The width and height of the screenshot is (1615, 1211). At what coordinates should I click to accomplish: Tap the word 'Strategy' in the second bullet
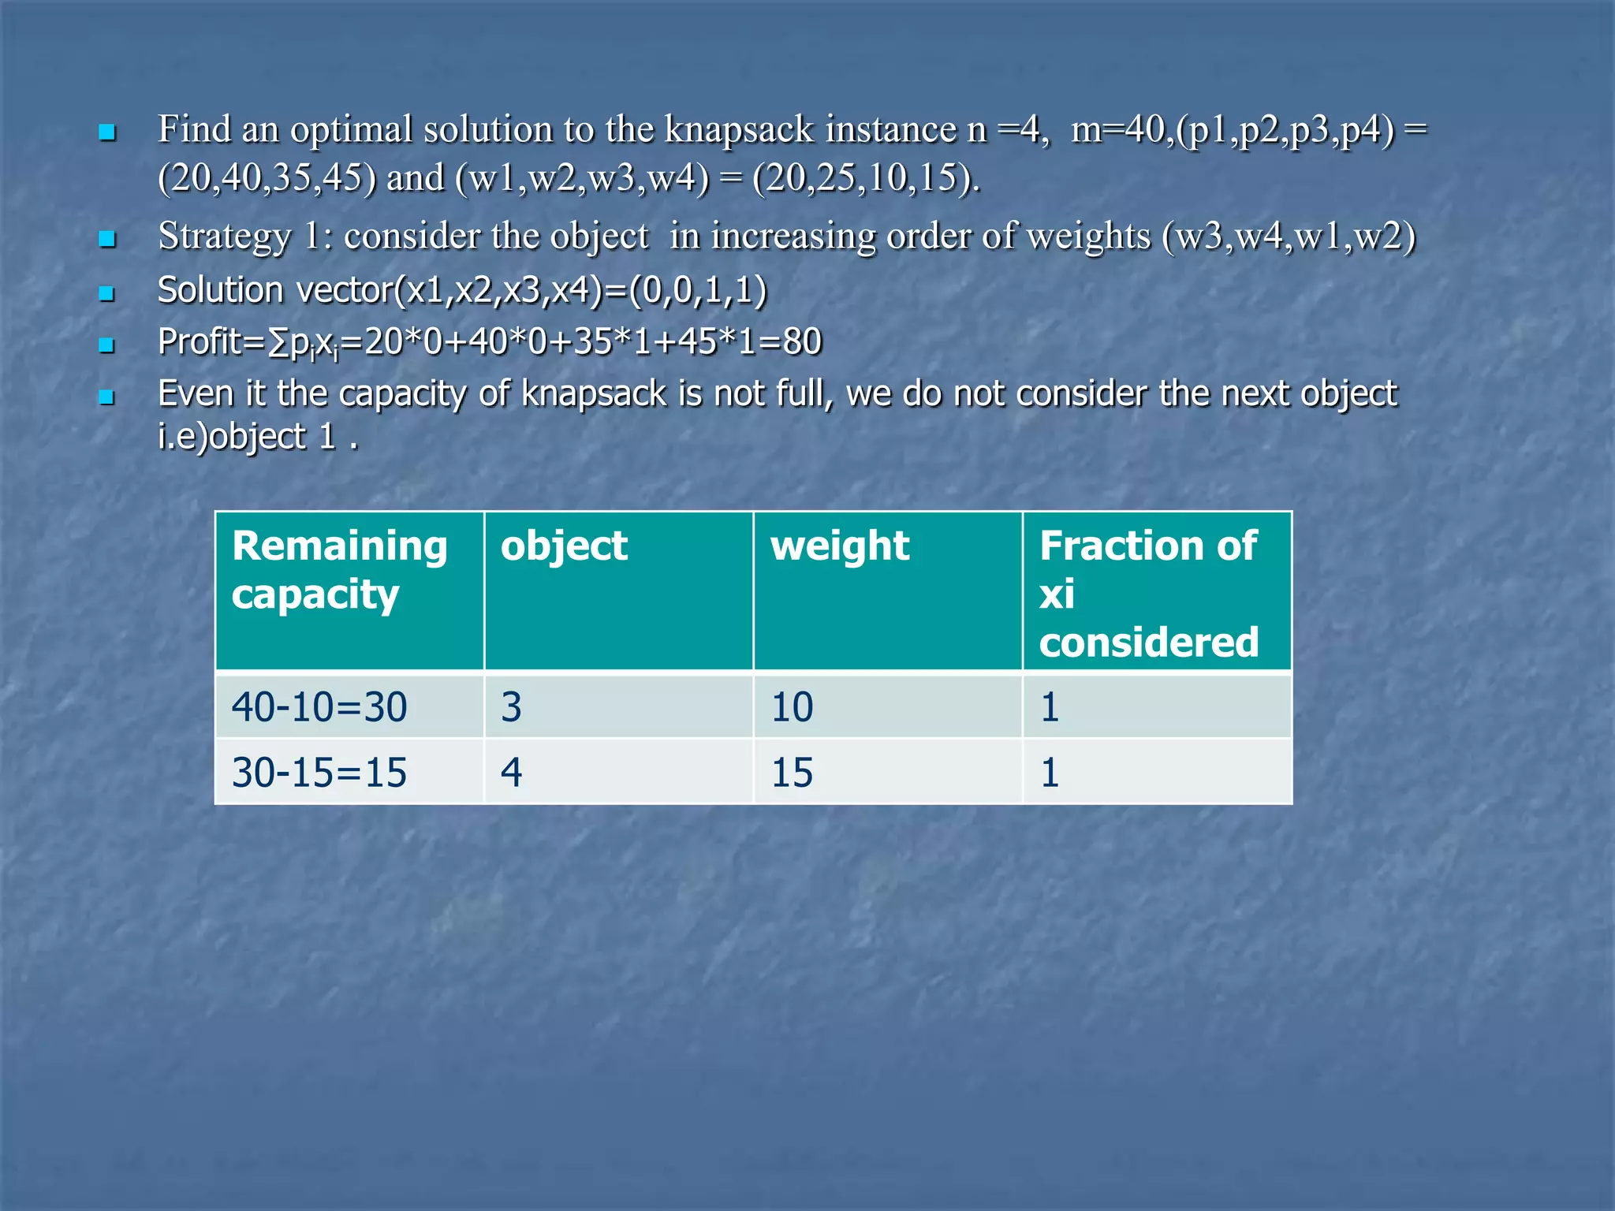[x=225, y=237]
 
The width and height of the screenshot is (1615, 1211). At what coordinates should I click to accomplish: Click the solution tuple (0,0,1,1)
[x=697, y=290]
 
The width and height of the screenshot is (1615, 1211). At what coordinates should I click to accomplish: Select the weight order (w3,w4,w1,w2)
[x=1289, y=237]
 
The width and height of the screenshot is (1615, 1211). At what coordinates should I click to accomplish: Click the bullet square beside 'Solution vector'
[x=107, y=294]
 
